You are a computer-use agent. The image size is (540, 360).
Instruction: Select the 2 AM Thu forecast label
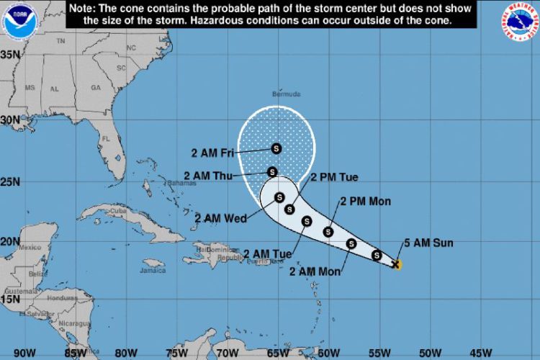pos(207,175)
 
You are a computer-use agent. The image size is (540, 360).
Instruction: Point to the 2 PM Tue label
pos(334,177)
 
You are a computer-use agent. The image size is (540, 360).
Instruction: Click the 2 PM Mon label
pos(365,202)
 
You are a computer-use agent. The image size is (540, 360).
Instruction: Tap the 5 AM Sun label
pos(428,243)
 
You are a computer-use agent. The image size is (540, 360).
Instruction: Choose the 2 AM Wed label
pos(217,218)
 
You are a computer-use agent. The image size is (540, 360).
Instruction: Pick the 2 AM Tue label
pos(267,253)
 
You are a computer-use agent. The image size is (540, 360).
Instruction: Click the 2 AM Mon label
pos(314,271)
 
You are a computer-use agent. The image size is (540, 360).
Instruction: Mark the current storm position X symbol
pos(395,264)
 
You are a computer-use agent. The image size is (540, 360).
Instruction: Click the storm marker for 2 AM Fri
pos(276,149)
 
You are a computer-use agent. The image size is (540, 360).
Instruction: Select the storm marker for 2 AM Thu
pos(272,171)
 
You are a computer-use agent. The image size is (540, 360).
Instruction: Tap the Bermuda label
pos(287,94)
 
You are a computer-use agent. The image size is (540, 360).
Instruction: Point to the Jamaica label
pos(153,271)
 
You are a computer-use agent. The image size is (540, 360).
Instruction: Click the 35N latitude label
pos(9,55)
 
